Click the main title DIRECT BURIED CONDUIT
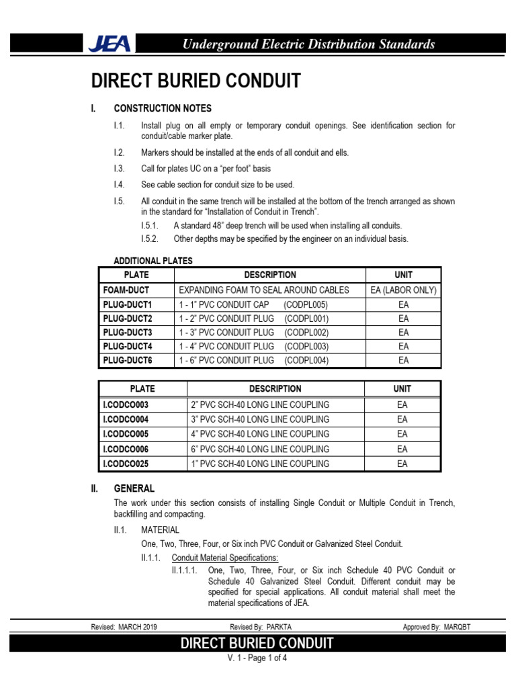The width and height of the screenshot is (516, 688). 196,81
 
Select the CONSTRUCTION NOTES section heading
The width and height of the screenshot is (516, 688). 163,108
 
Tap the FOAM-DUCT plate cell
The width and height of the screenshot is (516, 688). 126,290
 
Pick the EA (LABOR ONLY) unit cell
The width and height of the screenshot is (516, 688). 403,290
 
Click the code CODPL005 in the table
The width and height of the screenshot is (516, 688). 306,304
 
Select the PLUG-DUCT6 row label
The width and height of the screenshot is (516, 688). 128,360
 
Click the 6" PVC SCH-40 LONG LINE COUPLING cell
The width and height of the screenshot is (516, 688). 260,449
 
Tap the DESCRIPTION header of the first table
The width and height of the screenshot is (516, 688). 269,275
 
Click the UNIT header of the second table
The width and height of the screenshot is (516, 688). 402,389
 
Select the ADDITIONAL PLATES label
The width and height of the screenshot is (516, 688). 153,261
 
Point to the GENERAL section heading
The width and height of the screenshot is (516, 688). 134,488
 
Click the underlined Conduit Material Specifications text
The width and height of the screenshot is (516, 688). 225,558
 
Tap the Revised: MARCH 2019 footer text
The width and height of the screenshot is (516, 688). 124,627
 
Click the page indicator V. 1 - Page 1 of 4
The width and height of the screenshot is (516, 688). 258,658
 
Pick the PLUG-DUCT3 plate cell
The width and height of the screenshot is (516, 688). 128,333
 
